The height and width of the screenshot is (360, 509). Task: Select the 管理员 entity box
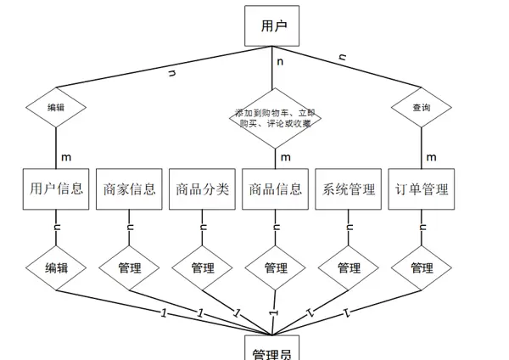click(275, 349)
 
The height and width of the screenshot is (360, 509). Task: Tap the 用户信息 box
click(56, 188)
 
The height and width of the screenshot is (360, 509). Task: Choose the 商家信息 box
click(129, 188)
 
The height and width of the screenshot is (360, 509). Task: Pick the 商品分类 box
click(202, 188)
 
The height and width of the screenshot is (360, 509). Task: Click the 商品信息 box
click(275, 188)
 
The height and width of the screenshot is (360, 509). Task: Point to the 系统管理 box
click(349, 188)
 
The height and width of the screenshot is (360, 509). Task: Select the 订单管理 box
click(422, 188)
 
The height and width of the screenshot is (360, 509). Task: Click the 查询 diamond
click(421, 108)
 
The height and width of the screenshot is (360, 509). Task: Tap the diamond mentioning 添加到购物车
click(275, 118)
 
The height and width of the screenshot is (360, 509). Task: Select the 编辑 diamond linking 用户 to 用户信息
click(56, 108)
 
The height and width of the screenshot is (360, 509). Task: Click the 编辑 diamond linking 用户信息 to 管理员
click(56, 267)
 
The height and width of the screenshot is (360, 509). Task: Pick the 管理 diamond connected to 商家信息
click(129, 267)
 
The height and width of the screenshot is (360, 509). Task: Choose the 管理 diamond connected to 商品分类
click(202, 267)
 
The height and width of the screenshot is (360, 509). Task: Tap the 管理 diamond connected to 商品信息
click(275, 267)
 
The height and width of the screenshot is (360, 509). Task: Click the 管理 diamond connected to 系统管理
click(349, 267)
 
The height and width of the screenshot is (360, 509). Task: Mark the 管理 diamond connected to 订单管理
click(422, 267)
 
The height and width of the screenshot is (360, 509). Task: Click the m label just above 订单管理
click(431, 157)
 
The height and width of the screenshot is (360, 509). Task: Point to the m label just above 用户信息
click(66, 157)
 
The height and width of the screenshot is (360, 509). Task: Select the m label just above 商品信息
click(285, 157)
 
